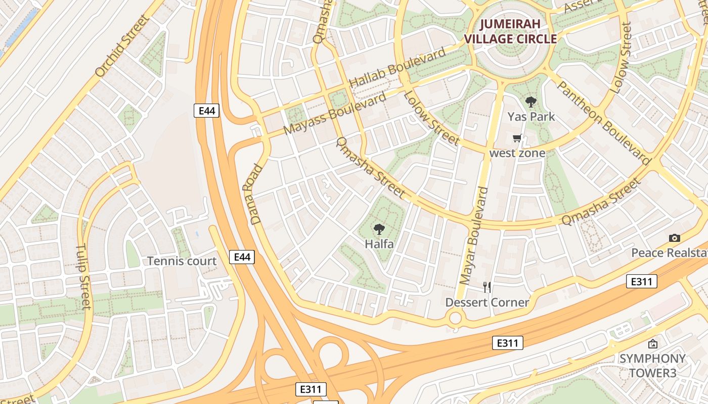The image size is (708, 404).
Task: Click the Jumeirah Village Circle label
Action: pyautogui.click(x=510, y=31)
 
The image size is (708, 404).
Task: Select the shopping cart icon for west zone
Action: pyautogui.click(x=517, y=138)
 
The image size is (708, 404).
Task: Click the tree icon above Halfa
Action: pyautogui.click(x=379, y=230)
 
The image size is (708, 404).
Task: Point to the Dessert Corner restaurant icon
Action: pyautogui.click(x=487, y=287)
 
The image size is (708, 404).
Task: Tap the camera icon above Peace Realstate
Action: pyautogui.click(x=674, y=238)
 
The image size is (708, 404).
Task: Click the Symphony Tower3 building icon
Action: pyautogui.click(x=653, y=344)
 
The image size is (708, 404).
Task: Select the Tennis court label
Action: pyautogui.click(x=182, y=261)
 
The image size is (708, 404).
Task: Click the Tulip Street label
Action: pyautogui.click(x=83, y=277)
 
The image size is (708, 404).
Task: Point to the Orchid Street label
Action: pyautogui.click(x=123, y=46)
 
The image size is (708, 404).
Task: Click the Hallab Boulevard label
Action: pyautogui.click(x=398, y=67)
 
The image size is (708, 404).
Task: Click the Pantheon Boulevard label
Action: pyautogui.click(x=603, y=122)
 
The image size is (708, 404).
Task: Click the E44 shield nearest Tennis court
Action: pyautogui.click(x=242, y=257)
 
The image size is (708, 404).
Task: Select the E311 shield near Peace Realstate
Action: pyautogui.click(x=641, y=281)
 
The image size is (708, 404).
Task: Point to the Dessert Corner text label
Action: pyautogui.click(x=487, y=302)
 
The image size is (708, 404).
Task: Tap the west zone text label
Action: pyautogui.click(x=517, y=153)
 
